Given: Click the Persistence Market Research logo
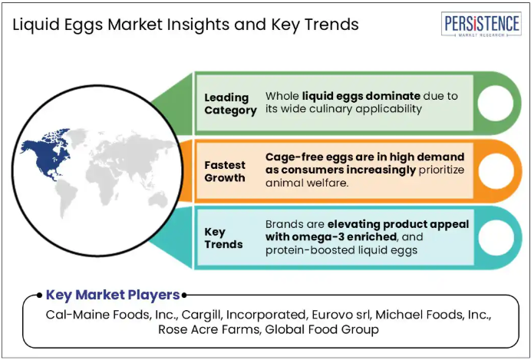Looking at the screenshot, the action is (481, 25).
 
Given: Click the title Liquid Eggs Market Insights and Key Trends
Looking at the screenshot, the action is (186, 25).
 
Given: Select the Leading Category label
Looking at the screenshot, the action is (230, 104).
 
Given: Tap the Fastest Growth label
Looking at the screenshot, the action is (225, 171).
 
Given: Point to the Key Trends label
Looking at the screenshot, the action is (223, 238).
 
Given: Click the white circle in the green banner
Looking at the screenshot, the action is (495, 104).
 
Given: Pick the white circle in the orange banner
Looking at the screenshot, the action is (496, 171).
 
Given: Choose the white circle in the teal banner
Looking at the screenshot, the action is (496, 238).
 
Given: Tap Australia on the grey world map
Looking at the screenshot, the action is (159, 199).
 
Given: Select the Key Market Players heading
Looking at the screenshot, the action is (113, 295).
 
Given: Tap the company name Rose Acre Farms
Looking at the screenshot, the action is (209, 329).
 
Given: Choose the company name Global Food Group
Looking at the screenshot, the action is (322, 329).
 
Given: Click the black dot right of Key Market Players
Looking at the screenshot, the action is (184, 296).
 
